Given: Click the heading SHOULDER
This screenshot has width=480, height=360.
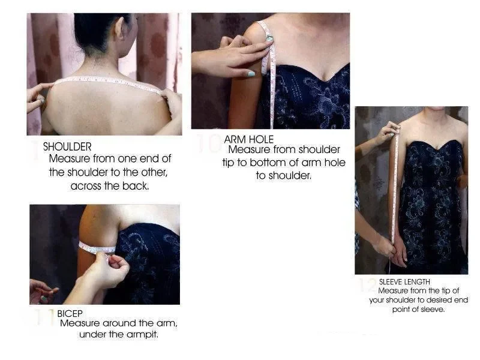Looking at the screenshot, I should pos(67,146).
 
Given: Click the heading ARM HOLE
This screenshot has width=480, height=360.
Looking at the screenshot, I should pos(248,139).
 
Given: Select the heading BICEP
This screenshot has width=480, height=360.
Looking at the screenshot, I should pos(70,313).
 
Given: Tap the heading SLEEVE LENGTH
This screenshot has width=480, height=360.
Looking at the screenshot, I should pos(404,281).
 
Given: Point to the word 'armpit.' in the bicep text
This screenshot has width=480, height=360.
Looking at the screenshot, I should pos(142,334).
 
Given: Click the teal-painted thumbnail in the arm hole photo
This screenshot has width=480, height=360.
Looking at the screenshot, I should pos(251,74).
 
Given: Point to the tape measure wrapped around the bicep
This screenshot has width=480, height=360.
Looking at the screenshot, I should pos(96,247).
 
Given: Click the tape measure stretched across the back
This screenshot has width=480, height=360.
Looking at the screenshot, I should pos(108,81).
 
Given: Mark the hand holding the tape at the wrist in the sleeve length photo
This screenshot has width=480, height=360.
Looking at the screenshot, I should pos(385,245).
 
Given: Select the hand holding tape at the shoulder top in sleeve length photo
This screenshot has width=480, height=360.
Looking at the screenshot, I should pos(388,129).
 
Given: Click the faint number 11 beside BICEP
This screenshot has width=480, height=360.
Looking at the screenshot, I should pos(44,317).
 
